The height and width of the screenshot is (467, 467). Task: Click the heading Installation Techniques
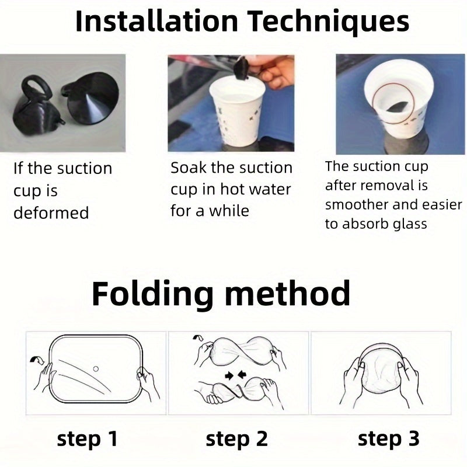coord(242,22)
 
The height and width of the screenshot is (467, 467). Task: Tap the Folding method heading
coord(221,294)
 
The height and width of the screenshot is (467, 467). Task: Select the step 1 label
coord(87,440)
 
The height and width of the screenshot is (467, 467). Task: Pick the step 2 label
coord(237,440)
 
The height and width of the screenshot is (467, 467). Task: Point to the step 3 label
coord(389,440)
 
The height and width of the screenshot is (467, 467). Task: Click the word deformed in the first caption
coord(51,213)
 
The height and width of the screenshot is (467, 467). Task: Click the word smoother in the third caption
coord(357,205)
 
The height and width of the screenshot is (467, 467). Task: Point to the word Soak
coord(189,168)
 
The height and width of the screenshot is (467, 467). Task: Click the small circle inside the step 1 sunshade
coord(96,369)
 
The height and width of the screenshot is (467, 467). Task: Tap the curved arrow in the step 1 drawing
coord(37,360)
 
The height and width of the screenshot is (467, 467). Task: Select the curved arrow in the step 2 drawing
coord(198,337)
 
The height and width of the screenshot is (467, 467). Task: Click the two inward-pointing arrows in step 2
coord(236,375)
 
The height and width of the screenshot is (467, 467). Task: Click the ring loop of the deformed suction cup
coord(36,88)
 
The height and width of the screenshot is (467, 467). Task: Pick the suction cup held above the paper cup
coord(242,69)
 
